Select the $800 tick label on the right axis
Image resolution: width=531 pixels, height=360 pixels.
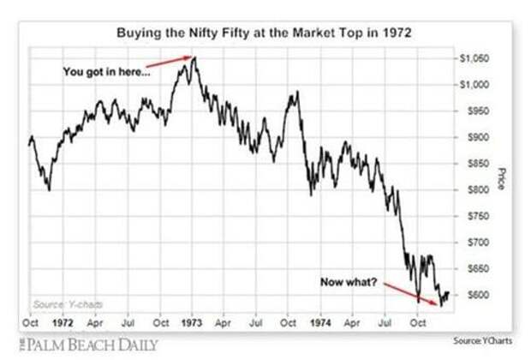[473, 189]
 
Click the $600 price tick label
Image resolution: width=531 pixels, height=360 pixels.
[473, 295]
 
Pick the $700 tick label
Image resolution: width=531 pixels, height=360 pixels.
[473, 243]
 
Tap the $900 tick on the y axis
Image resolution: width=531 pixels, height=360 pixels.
[473, 137]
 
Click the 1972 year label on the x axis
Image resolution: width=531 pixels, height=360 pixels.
[64, 326]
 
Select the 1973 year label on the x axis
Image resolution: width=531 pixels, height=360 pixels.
[190, 326]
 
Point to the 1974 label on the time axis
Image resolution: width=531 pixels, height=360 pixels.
[319, 326]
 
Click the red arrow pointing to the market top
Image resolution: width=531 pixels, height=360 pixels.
[168, 63]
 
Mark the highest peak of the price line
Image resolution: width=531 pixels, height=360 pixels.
[194, 58]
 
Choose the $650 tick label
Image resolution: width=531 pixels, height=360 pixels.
[473, 268]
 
